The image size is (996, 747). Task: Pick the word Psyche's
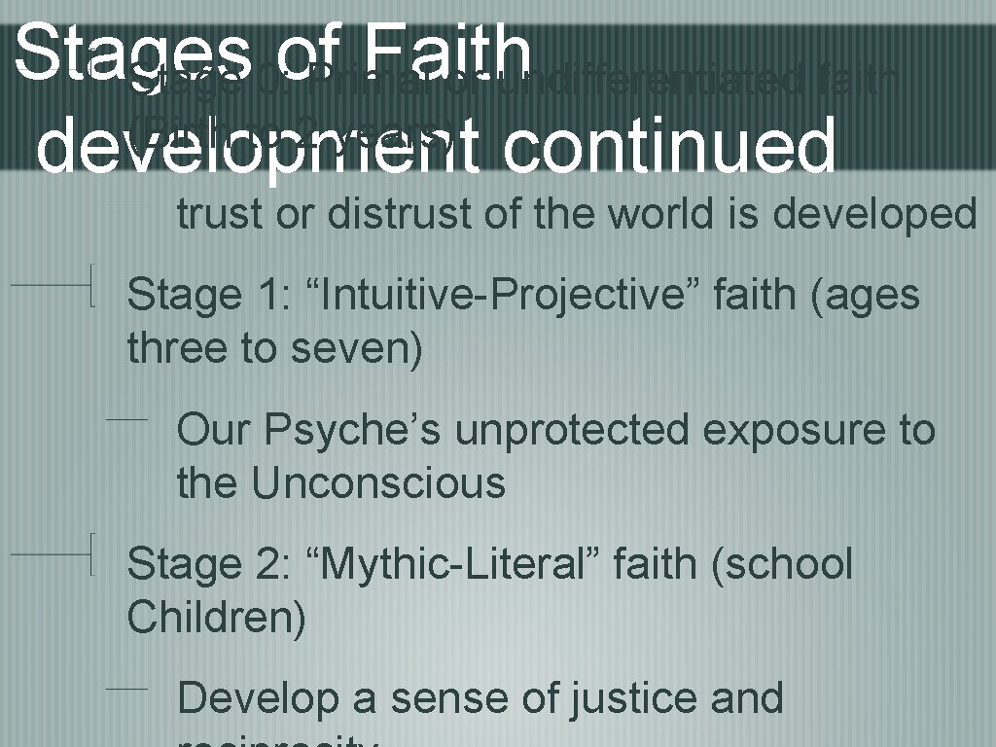coord(356,430)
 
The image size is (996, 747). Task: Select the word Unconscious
coord(379,482)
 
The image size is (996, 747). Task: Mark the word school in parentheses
coord(782,564)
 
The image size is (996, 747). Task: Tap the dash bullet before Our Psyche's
coord(126,419)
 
